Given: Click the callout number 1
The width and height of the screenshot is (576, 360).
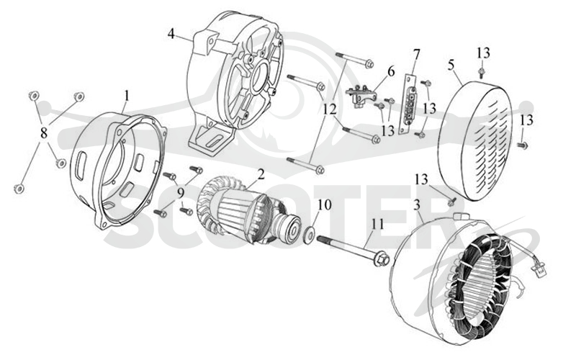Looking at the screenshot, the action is point(127,96).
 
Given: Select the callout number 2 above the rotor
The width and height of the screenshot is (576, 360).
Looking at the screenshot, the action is point(261,174).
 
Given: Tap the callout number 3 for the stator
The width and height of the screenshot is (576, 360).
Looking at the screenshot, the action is point(417,205).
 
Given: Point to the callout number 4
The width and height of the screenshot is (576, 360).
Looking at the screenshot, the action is point(171,33).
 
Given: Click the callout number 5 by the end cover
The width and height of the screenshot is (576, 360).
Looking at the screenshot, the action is point(451,65).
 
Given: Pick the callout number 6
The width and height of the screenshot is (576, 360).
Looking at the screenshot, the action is point(390,71).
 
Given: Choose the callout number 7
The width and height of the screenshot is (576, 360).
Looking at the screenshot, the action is point(416,54).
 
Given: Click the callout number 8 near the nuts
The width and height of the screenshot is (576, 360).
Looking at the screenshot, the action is point(44,133).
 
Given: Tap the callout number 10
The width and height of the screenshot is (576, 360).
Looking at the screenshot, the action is point(325,205).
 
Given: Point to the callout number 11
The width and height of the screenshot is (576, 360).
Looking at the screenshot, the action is point(377,224).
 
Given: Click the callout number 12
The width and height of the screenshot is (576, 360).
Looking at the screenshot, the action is point(330,109).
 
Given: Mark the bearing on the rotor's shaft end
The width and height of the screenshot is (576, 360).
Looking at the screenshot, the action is point(293,228).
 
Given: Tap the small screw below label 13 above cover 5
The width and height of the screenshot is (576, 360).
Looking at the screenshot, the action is point(482,72).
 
